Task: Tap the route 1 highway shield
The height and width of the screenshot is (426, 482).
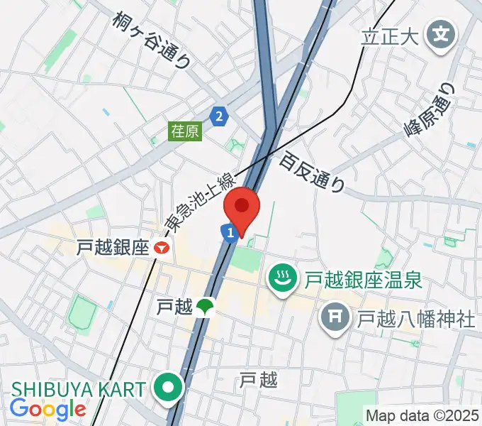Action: [228, 232]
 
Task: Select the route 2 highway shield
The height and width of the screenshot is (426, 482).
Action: [220, 115]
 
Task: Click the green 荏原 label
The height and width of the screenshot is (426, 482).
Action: [185, 131]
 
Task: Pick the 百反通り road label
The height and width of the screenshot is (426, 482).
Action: [312, 173]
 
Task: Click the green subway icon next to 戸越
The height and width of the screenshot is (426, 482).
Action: [206, 307]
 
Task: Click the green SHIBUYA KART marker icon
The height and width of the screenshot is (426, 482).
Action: [170, 388]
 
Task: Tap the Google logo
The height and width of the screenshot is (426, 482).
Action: [47, 409]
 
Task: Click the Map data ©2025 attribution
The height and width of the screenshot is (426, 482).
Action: [422, 414]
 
